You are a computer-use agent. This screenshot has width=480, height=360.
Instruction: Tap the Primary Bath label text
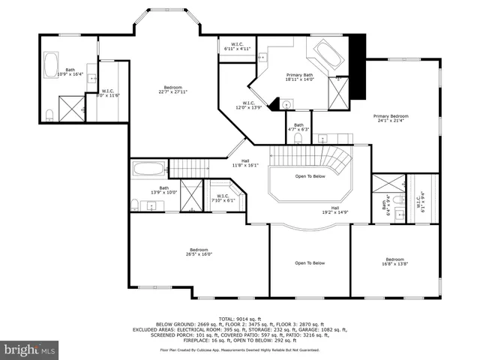coord(299,78)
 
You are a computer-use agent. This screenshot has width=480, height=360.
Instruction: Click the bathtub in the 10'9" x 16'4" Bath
coord(52,64)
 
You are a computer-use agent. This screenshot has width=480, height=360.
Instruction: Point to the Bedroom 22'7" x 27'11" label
coord(173,89)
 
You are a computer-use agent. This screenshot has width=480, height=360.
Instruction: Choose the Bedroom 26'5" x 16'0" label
coord(199,252)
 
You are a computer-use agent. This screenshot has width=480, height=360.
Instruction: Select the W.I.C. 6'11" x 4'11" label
coord(235,46)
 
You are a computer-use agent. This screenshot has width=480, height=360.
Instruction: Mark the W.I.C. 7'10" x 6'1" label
coord(223,198)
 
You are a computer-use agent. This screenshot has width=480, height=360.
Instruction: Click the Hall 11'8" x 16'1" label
coord(245,163)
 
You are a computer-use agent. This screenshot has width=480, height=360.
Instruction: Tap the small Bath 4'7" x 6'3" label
coord(298,127)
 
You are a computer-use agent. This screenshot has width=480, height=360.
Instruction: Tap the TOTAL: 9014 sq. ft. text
coord(240,319)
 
